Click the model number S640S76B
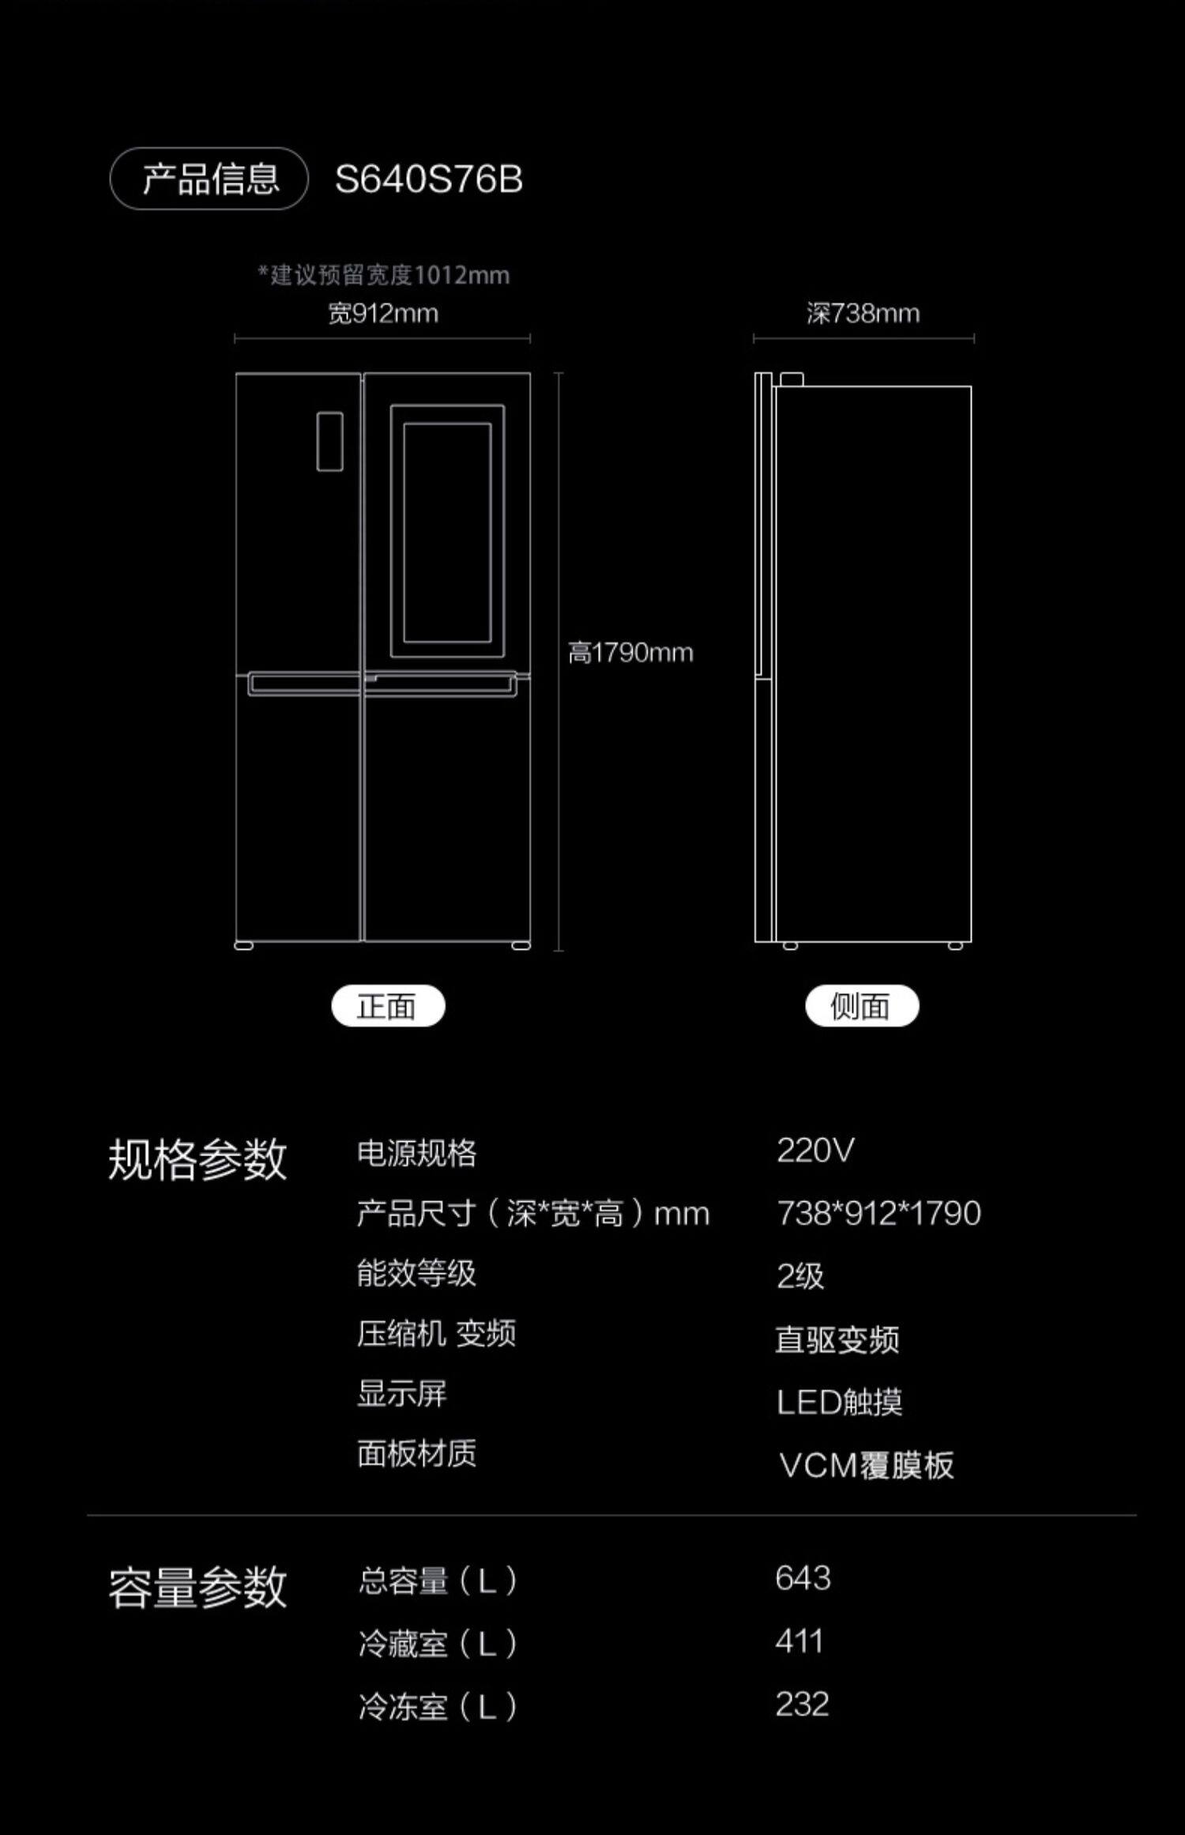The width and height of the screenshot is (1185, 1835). tap(428, 179)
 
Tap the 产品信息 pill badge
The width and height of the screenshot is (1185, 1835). tap(209, 179)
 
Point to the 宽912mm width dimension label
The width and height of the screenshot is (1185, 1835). tap(383, 314)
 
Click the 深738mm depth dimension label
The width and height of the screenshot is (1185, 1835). tap(863, 314)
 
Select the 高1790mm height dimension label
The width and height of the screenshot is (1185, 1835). tap(630, 653)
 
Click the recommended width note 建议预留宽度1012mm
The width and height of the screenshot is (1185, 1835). tap(384, 275)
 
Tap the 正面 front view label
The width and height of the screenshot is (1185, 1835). tap(388, 1006)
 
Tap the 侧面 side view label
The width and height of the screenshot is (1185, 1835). tap(862, 1006)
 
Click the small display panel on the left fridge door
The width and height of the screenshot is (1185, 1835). tap(329, 442)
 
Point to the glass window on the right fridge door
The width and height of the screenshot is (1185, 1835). tap(447, 532)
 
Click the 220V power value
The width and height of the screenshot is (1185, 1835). tap(815, 1151)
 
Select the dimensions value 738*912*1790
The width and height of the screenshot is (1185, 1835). tap(878, 1213)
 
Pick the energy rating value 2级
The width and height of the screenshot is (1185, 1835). tap(800, 1275)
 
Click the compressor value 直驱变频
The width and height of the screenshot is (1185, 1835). tap(837, 1340)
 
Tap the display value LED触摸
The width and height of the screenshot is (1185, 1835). tap(839, 1402)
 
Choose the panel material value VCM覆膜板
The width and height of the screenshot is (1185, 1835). tap(867, 1465)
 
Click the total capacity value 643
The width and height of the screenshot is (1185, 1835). tap(803, 1578)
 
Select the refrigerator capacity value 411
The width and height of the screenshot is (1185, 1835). tap(799, 1641)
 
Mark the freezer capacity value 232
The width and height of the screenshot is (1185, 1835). tap(802, 1705)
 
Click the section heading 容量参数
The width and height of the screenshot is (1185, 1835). tap(197, 1587)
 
